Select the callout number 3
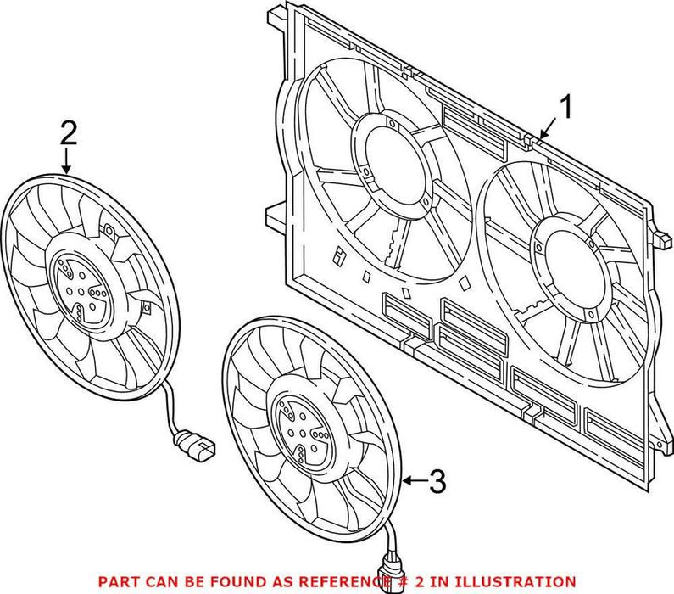tap(436, 482)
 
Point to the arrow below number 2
tap(68, 160)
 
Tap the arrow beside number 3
tap(413, 482)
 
